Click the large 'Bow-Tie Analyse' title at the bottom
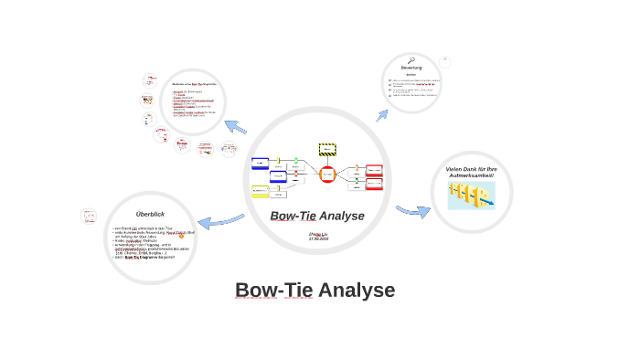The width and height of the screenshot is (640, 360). point(315,291)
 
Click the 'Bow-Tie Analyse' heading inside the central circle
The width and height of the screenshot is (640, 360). point(317,217)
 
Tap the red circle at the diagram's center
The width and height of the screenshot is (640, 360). point(327,175)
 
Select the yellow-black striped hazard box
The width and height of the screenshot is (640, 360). point(327,149)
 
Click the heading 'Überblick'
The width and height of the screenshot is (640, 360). point(150,214)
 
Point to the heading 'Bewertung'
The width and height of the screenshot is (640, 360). point(411,68)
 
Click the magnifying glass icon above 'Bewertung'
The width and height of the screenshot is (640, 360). point(411,60)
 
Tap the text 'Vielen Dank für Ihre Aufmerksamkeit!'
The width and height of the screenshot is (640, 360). point(471,172)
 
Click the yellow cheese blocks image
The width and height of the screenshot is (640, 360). point(471,195)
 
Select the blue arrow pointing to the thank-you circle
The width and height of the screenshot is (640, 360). point(413,211)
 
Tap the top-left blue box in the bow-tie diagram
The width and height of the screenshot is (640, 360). point(261,164)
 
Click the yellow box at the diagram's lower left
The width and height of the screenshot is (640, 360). point(261,191)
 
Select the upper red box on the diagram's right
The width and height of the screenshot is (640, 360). point(374,171)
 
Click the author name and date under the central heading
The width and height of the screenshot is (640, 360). point(317,236)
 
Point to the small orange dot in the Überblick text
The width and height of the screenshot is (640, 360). point(181,236)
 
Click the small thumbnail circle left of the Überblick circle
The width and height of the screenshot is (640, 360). point(89,217)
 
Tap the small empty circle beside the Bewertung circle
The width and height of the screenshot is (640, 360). point(444,62)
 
